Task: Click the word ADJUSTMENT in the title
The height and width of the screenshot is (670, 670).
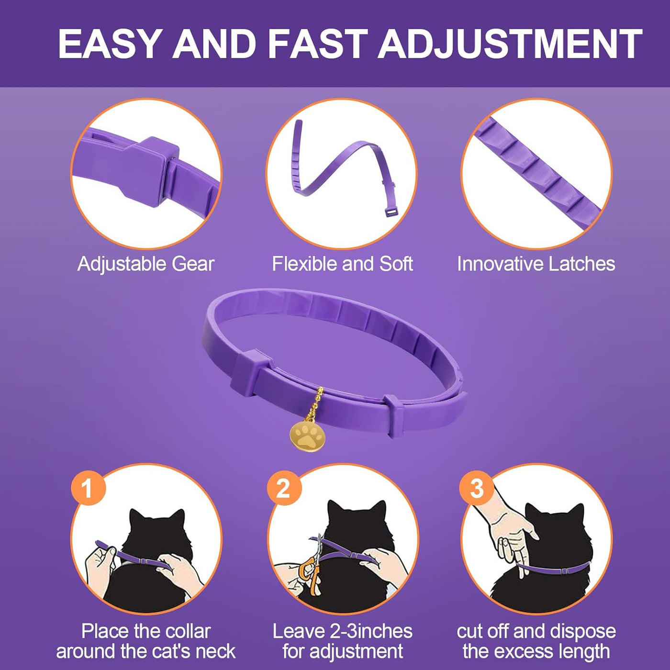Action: click(510, 44)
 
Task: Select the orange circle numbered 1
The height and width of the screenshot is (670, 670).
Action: click(88, 489)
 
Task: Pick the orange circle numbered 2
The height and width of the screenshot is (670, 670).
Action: click(284, 489)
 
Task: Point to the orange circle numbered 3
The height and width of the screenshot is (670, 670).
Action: click(477, 489)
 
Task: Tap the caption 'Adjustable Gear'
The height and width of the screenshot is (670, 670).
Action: click(146, 264)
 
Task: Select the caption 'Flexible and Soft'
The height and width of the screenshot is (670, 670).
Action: click(342, 264)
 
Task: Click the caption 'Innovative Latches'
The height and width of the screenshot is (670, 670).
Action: click(536, 264)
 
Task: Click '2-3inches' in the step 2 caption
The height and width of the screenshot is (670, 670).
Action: click(371, 632)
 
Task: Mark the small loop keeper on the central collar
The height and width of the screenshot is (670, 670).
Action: click(392, 415)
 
